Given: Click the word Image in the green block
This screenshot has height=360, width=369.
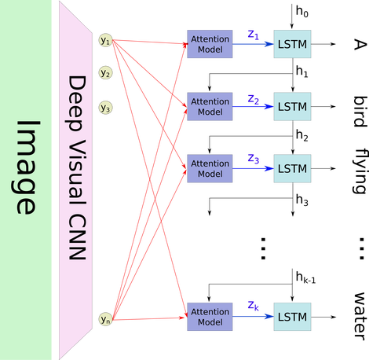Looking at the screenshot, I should pos(26,167).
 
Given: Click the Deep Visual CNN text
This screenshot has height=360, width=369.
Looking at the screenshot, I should pos(76,173).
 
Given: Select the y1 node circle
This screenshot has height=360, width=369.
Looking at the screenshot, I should pos(104,39).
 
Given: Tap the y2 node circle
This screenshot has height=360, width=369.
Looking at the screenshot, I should pos(104,73).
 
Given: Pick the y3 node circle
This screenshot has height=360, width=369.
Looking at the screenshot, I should pos(104,106).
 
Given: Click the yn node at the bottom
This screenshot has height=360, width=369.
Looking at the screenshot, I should pos(104,319).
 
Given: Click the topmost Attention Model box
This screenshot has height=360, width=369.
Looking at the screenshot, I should pos(210,44).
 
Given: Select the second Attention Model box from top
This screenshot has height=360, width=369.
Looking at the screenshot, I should pos(210,106).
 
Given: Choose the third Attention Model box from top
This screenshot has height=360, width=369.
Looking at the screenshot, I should pos(210,168).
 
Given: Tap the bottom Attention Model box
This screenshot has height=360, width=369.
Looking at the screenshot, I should pos(210,317).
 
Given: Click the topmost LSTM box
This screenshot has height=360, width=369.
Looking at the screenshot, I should pos(292,44).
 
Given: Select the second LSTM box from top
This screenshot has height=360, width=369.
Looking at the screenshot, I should pos(292,106).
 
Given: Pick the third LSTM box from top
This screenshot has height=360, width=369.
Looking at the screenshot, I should pos(292,168).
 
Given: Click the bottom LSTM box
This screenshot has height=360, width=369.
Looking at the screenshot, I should pos(292,317).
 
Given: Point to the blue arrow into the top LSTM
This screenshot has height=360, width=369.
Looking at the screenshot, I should pos(252,45).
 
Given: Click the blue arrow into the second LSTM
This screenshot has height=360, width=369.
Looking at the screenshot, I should pos(252,107).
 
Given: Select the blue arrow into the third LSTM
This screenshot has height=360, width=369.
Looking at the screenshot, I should pos(252,169).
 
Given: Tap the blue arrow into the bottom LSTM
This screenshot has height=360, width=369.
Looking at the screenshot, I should pos(252,318).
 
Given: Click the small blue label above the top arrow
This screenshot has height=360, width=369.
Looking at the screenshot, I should pos(252,34).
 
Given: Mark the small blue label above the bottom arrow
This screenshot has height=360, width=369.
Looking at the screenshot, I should pos(252,306).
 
